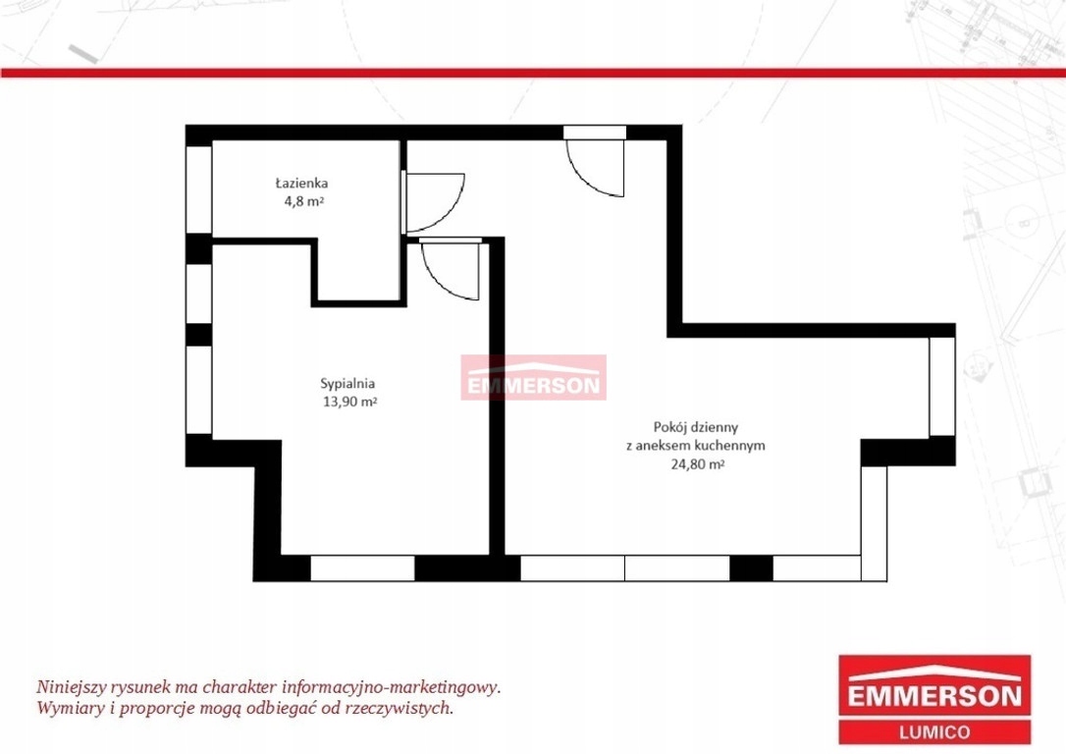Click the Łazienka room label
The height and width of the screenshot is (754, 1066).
302,183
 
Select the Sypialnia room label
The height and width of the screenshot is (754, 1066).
347,384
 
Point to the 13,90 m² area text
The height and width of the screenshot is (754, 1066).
350,402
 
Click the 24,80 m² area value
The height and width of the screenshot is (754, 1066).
697,464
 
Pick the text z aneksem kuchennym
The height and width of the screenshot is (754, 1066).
696,446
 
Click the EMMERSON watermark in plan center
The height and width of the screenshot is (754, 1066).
534,377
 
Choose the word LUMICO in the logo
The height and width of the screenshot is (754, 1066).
934,732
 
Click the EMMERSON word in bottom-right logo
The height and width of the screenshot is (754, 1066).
934,696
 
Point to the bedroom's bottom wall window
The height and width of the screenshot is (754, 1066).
362,568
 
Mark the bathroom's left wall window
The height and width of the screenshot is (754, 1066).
198,189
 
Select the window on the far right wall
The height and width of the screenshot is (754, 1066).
942,386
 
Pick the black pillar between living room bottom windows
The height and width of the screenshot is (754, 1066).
751,568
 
